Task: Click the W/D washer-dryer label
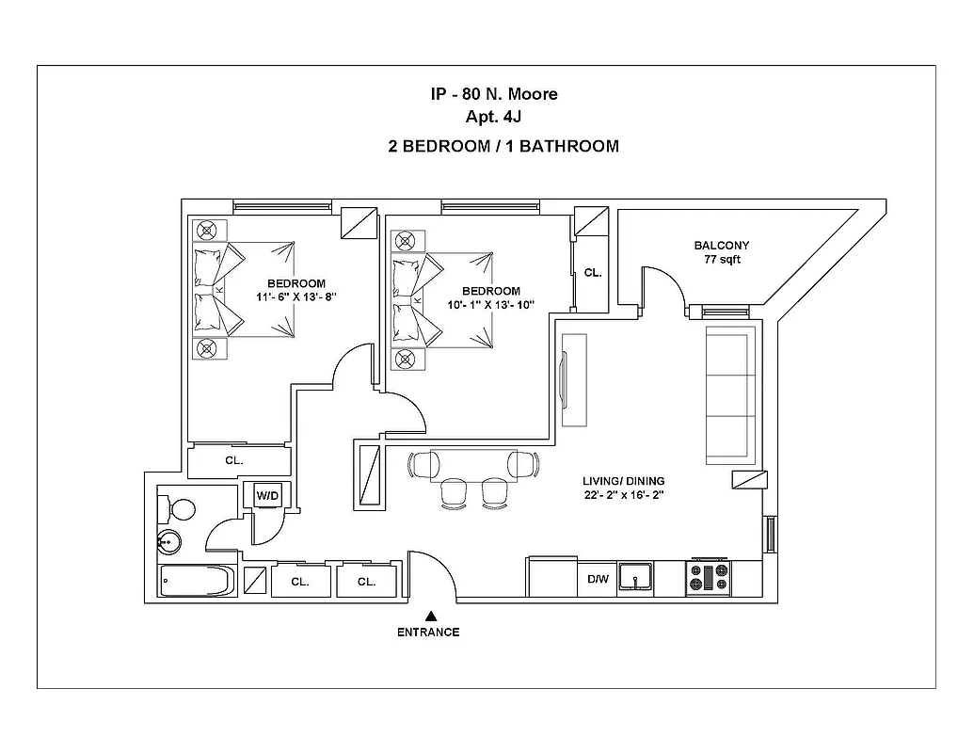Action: pyautogui.click(x=267, y=494)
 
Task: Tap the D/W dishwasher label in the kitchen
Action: pyautogui.click(x=598, y=580)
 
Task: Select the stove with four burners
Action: pyautogui.click(x=708, y=578)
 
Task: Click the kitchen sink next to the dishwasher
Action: pyautogui.click(x=636, y=578)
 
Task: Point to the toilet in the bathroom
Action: pyautogui.click(x=177, y=509)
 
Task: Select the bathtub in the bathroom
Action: pyautogui.click(x=196, y=582)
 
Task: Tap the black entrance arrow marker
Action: pyautogui.click(x=430, y=614)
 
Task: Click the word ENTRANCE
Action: pyautogui.click(x=428, y=633)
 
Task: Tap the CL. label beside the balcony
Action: pyautogui.click(x=593, y=273)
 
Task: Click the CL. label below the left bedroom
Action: pyautogui.click(x=234, y=461)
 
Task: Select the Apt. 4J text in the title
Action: pyautogui.click(x=489, y=118)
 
